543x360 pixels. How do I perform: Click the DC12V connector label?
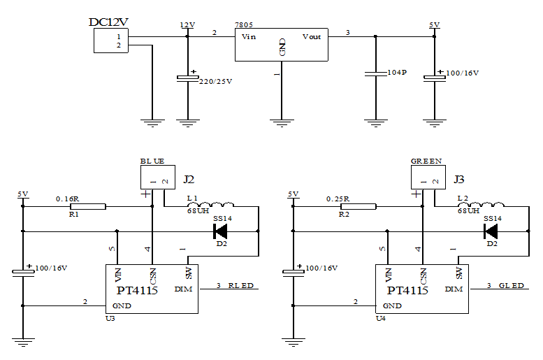click(x=108, y=22)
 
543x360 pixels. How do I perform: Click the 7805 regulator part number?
click(x=243, y=24)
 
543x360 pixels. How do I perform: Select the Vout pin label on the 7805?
click(x=312, y=36)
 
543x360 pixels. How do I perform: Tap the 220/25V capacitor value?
click(x=216, y=81)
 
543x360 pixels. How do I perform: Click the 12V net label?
click(x=187, y=24)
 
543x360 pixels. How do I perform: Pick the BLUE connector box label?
click(x=152, y=161)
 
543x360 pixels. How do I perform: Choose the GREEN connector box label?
click(x=426, y=161)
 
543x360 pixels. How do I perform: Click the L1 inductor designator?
click(x=193, y=199)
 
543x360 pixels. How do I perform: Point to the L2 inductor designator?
click(x=463, y=199)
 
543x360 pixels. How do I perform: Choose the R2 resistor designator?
click(x=343, y=214)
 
